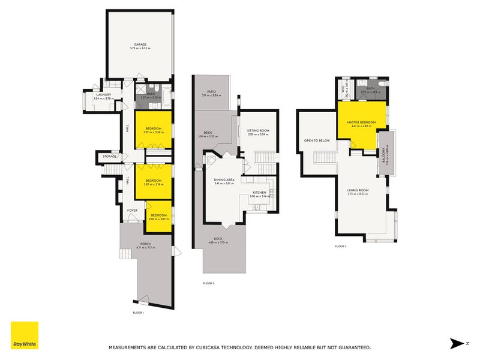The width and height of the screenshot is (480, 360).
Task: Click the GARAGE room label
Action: point(140,44)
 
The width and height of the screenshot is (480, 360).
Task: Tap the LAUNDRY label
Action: point(103,94)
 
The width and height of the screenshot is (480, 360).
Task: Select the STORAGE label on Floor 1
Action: point(109,157)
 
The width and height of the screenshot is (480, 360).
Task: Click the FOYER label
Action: point(132,211)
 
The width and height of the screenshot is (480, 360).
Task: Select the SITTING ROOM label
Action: point(259,131)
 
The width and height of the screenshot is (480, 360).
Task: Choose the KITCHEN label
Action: point(259,193)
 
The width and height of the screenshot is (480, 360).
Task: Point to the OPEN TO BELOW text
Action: point(317,140)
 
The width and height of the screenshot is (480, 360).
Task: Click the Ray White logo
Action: point(25,335)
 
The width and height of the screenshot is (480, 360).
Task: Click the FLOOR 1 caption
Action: point(139,313)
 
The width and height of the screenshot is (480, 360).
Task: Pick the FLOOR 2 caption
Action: point(208,283)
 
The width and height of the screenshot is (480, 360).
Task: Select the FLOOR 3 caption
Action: point(341,246)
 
